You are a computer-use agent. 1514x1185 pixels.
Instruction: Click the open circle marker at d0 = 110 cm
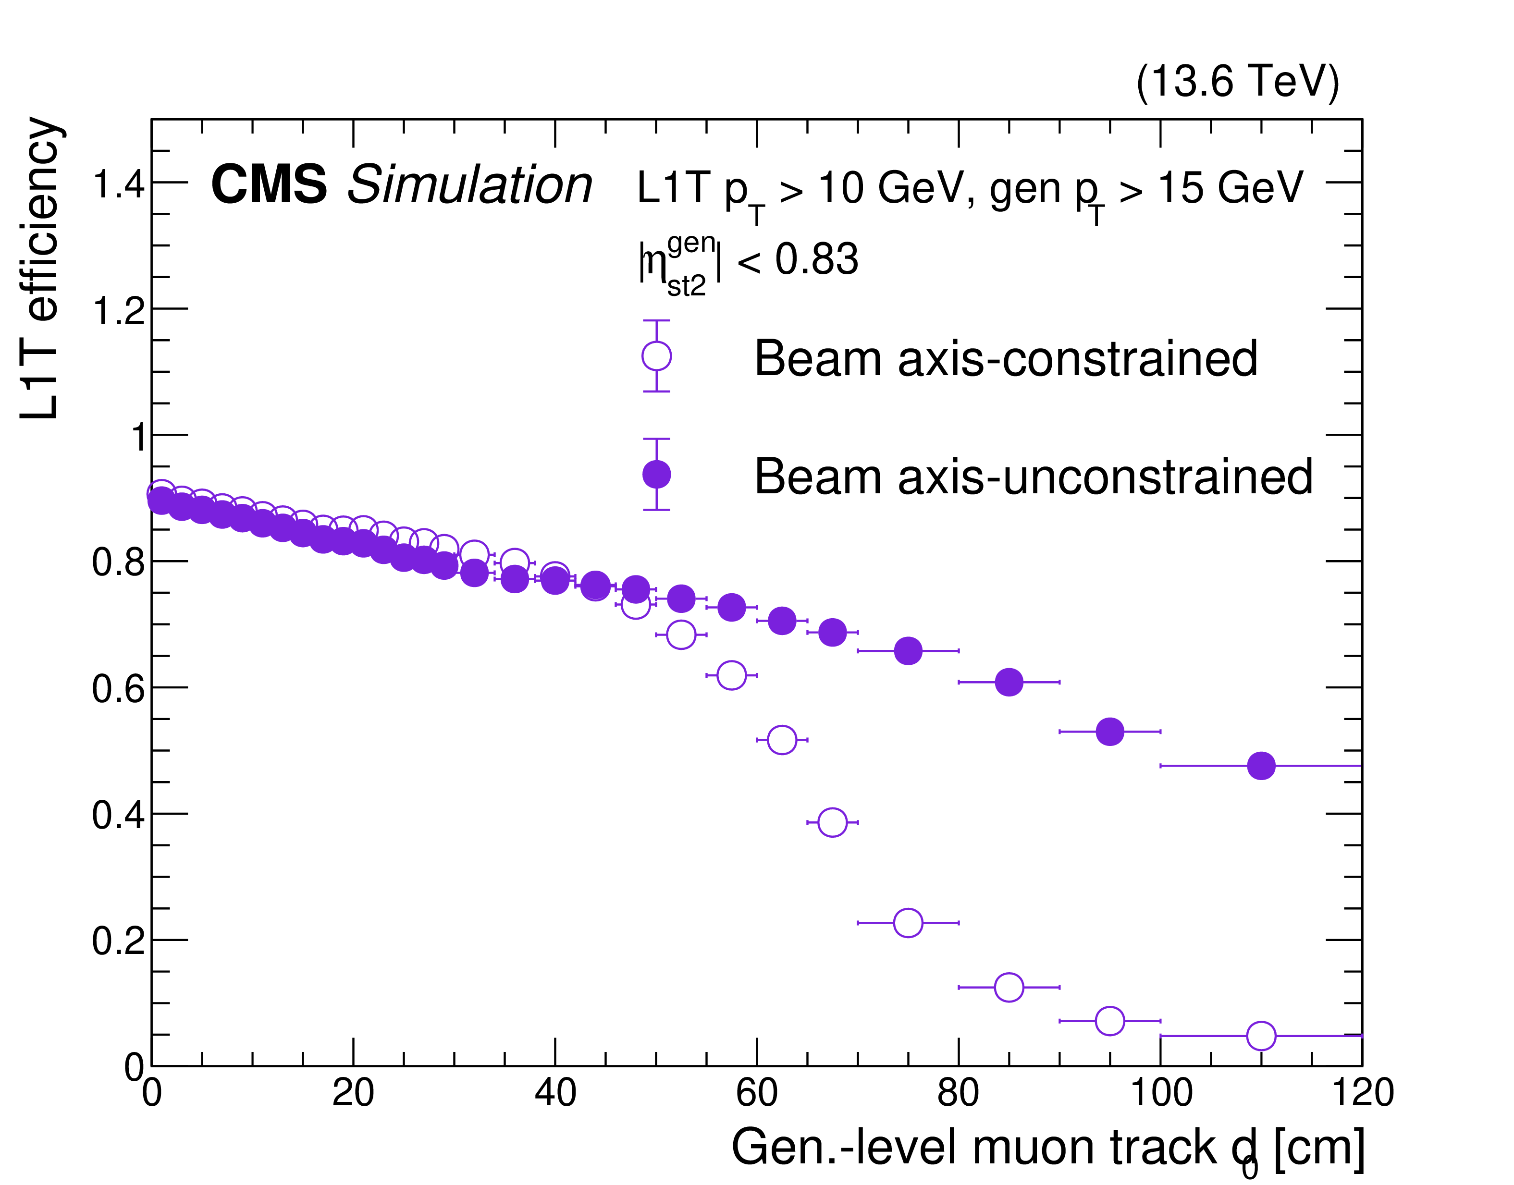click(x=1261, y=1036)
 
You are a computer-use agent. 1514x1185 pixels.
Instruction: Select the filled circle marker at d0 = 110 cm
click(x=1261, y=766)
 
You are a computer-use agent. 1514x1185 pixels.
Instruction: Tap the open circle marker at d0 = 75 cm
click(x=908, y=923)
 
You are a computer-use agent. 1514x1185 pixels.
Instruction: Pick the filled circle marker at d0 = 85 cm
click(x=1009, y=682)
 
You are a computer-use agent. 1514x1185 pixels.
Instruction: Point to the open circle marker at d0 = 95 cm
click(x=1109, y=1021)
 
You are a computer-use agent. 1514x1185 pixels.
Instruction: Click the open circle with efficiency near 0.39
click(x=832, y=822)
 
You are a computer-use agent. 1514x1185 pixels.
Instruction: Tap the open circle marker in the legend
click(x=656, y=356)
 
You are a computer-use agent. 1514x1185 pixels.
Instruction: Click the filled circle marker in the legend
click(x=656, y=475)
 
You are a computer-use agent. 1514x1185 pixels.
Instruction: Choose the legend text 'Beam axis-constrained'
click(x=1005, y=359)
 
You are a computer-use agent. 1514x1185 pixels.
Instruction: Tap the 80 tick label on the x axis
click(x=958, y=1093)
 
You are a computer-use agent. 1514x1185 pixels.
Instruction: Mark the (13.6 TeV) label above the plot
click(x=1237, y=82)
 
